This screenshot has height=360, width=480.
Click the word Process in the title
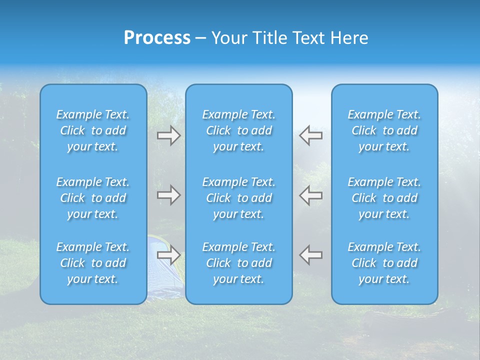pos(157,38)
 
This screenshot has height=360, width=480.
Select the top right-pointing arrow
pos(169,135)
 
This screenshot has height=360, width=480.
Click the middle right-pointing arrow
pos(169,195)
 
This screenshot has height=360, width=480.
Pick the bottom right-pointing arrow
pos(169,254)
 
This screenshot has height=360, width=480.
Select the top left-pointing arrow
pos(311,135)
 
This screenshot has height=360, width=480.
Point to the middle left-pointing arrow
pos(311,195)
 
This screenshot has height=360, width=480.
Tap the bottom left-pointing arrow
pos(311,254)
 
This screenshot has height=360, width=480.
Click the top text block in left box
pos(93,130)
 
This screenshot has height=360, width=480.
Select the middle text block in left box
pos(93,198)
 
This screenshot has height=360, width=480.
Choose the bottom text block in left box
pos(93,263)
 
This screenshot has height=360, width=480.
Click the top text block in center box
pos(239,130)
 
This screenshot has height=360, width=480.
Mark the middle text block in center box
pos(239,198)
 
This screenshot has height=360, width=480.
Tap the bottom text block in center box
pos(239,263)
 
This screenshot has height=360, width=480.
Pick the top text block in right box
pos(384,130)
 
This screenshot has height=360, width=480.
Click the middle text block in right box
pos(384,198)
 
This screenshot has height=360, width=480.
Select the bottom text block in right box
pos(384,263)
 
